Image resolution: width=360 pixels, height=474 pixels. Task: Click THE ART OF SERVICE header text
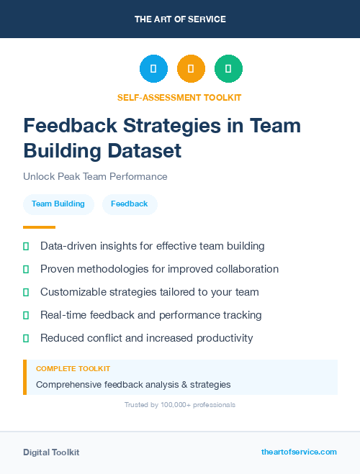click(x=180, y=19)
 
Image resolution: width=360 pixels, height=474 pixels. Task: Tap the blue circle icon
click(x=153, y=69)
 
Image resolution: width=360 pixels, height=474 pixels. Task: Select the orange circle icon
click(x=191, y=69)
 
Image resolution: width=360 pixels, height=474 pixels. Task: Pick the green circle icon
click(x=228, y=69)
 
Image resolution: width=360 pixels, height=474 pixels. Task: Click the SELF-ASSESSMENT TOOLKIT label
click(x=179, y=98)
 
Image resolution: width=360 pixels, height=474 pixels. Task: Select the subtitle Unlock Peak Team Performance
click(x=95, y=176)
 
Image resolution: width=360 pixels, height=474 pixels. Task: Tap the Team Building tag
click(x=58, y=204)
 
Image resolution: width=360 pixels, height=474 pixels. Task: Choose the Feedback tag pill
click(x=130, y=204)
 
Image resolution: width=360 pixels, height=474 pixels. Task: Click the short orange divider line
click(x=39, y=227)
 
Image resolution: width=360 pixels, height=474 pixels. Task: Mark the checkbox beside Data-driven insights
click(x=26, y=246)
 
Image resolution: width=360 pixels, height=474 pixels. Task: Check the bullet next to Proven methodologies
click(x=26, y=269)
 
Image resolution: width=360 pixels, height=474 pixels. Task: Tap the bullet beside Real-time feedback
click(x=26, y=315)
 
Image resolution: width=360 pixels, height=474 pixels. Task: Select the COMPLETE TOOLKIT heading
click(x=73, y=368)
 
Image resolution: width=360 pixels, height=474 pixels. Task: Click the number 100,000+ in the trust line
click(x=173, y=405)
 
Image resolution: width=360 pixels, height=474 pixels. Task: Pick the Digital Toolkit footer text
click(x=51, y=452)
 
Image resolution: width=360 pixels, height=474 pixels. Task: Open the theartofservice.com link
click(x=299, y=452)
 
